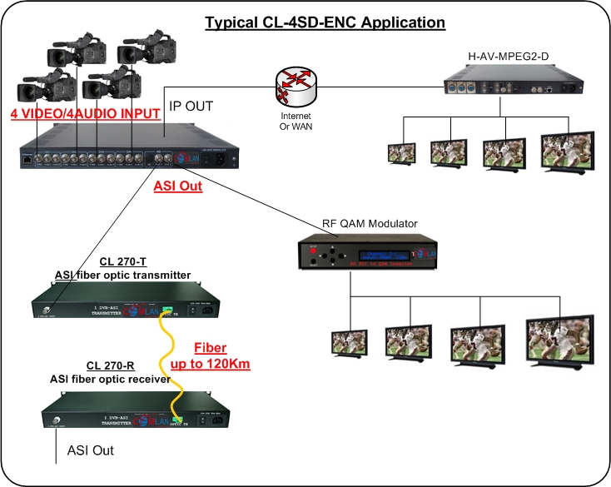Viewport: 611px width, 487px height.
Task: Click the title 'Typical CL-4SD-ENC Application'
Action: point(325,22)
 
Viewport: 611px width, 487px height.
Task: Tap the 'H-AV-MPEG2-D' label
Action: point(501,58)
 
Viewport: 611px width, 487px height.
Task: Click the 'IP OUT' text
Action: point(192,107)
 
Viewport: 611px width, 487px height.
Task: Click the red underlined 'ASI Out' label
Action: point(177,186)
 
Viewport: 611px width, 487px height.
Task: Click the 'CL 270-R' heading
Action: point(111,366)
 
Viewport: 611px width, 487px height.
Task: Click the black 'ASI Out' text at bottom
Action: point(91,450)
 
